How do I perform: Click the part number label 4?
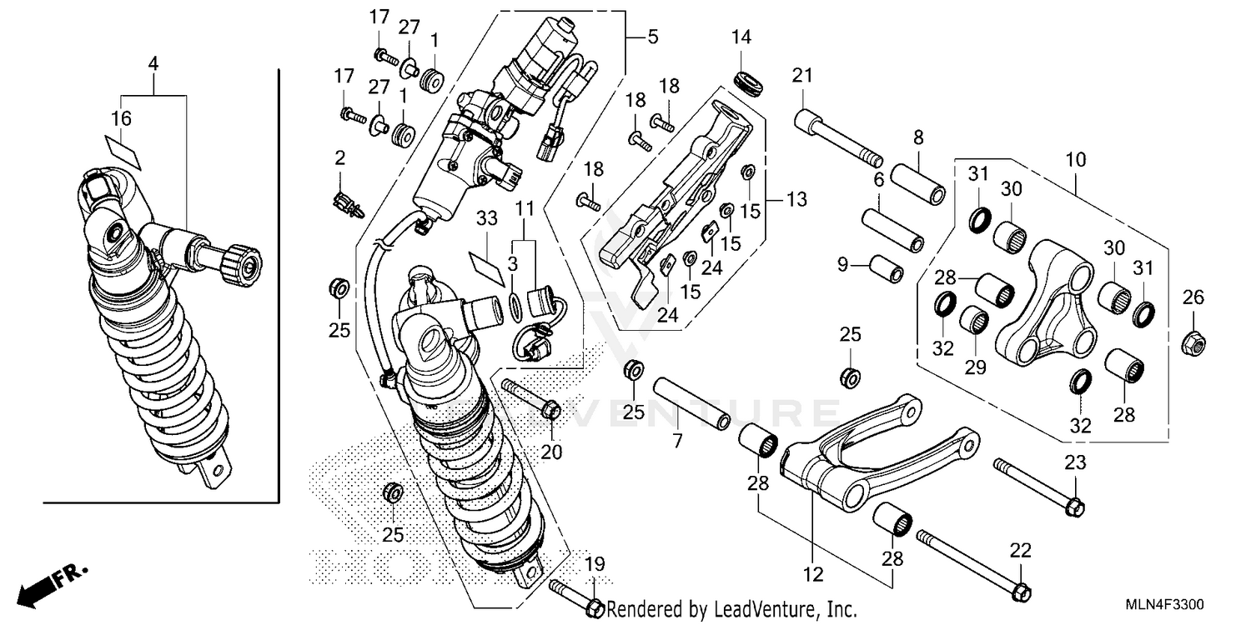click(x=153, y=63)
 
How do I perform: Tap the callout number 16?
click(x=122, y=119)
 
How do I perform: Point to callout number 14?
click(x=741, y=37)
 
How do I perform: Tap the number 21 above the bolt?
click(x=801, y=77)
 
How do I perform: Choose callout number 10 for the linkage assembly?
click(x=1075, y=158)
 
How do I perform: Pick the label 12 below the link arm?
click(x=813, y=574)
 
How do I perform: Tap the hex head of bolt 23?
click(x=1075, y=505)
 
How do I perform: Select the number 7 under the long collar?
click(x=677, y=442)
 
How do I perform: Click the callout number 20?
click(x=551, y=452)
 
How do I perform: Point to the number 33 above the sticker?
click(x=487, y=218)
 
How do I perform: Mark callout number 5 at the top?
click(x=653, y=37)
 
